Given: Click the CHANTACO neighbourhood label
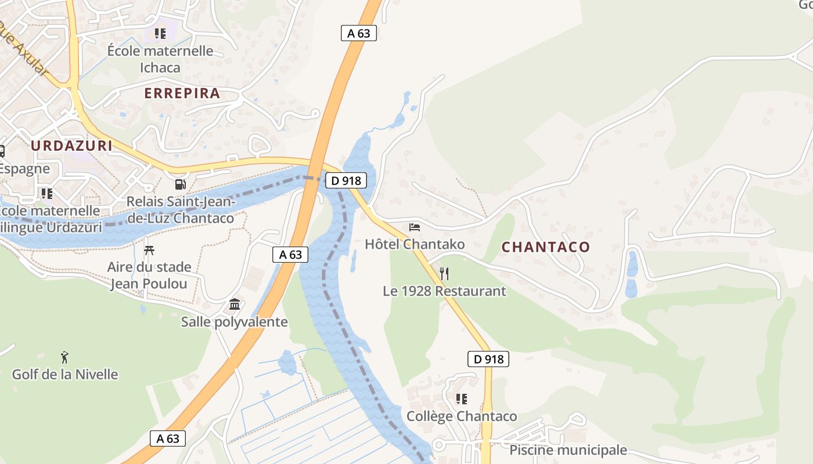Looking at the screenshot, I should point(545,247).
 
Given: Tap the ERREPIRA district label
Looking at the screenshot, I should point(182,93).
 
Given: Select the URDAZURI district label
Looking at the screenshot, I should point(71,146).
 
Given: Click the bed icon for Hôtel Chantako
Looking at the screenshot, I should point(415,227).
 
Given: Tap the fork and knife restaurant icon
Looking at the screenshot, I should point(444,273).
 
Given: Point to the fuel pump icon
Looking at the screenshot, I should point(181,184).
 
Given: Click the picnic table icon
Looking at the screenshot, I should point(149,251).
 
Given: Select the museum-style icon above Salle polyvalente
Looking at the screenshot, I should point(235,304).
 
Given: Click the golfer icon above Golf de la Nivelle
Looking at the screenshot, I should point(64,357).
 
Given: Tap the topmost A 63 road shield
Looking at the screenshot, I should point(358,33).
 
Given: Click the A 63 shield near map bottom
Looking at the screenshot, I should point(168,438).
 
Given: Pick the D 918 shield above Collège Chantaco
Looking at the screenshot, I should point(488,359).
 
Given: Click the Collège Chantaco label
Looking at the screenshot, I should point(462,416).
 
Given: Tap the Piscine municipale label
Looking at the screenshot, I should point(568,450).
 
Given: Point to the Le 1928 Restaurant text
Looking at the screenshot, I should point(444,291).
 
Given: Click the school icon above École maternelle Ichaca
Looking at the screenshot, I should point(160,34).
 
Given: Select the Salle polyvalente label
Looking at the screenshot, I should point(234,322).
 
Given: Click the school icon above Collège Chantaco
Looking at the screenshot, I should point(462,399).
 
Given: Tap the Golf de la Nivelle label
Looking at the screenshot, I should point(65,375).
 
